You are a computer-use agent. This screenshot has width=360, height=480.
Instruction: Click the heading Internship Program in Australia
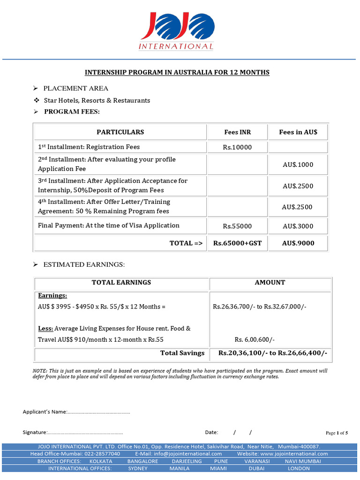[177, 73]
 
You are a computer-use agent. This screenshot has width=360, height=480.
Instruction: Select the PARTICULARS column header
[120, 132]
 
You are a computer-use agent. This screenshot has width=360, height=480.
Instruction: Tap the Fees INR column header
[237, 132]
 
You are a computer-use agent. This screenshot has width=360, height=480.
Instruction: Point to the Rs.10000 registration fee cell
[237, 147]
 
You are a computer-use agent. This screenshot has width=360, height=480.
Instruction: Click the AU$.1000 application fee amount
[298, 165]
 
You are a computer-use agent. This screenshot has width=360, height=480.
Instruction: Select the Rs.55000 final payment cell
[237, 226]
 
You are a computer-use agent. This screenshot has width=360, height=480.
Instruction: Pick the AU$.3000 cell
[298, 226]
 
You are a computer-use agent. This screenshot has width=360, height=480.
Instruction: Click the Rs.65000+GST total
[237, 243]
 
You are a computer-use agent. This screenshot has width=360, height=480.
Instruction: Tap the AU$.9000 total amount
[298, 243]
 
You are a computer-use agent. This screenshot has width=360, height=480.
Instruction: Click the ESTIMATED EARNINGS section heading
[84, 265]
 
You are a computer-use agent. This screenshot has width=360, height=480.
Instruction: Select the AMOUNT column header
[270, 283]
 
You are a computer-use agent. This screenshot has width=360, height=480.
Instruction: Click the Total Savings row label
[182, 353]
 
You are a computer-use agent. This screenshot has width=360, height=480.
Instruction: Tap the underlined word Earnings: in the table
[52, 296]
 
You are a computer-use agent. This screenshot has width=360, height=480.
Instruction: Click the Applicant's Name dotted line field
[99, 412]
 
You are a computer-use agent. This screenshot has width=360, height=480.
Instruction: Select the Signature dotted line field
[85, 432]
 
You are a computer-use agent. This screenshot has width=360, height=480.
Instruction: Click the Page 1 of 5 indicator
[337, 433]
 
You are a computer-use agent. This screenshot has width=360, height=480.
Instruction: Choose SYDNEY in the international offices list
[138, 468]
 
